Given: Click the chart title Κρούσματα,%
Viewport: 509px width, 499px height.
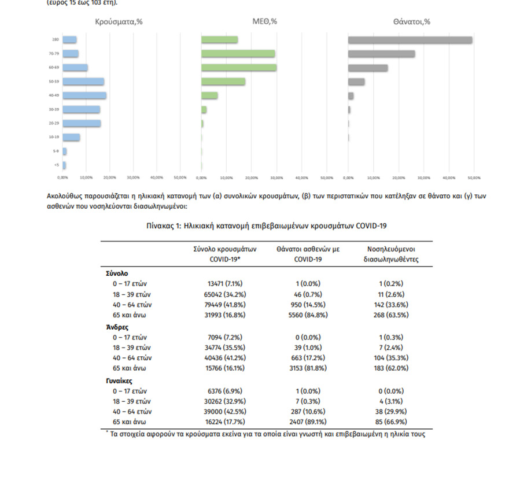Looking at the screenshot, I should pos(119,22).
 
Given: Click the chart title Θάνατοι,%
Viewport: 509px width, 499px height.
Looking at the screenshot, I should pos(411,22).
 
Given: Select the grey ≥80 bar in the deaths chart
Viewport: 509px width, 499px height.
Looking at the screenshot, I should pos(410,40).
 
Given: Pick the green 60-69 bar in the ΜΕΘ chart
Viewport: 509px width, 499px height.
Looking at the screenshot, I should pos(239,68).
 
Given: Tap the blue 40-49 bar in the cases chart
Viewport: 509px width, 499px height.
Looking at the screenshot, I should pos(84,95).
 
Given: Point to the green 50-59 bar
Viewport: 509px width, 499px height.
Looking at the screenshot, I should pos(223,82).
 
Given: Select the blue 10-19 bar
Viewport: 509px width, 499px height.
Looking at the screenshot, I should pos(72,137).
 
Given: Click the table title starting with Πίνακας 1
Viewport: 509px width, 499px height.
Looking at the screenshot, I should pos(266,226).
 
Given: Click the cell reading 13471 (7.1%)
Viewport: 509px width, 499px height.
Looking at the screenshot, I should pos(217,283).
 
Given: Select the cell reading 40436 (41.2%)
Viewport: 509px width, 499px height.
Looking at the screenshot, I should pos(217,358).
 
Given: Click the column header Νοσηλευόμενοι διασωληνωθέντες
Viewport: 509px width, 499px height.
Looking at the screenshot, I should pos(390,254).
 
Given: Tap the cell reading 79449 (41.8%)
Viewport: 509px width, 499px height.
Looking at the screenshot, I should pos(217,304).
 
